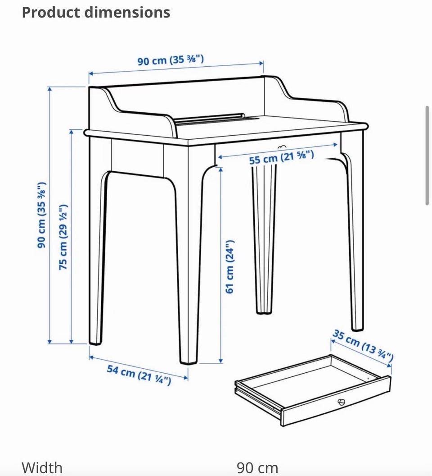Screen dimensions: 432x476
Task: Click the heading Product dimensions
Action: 96,13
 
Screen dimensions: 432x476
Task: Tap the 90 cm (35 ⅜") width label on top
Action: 171,60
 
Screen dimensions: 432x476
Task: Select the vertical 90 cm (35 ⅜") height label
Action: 41,215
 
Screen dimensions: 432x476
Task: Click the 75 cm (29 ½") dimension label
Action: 63,237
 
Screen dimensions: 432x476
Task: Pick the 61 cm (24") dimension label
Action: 230,266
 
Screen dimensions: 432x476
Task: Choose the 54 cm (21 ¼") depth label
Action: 139,375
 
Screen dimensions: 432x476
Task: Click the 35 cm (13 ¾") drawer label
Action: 363,345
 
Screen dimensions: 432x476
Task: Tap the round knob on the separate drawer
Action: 342,402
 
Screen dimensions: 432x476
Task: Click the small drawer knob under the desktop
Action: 282,147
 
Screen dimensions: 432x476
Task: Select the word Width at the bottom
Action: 42,468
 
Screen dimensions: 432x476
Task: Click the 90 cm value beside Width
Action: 257,468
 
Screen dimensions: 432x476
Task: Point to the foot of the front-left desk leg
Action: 95,342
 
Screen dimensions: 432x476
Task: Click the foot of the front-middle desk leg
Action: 188,361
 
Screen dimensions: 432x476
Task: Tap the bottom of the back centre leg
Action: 264,311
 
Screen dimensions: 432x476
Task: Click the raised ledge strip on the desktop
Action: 210,118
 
